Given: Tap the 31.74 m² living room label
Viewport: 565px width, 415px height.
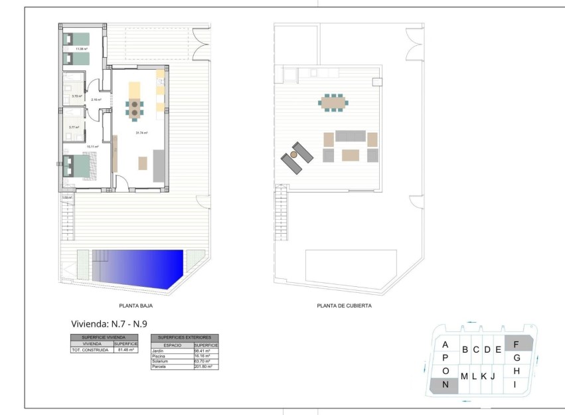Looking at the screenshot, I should [x=141, y=133].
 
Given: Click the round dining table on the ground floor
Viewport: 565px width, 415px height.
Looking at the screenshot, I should [x=135, y=108].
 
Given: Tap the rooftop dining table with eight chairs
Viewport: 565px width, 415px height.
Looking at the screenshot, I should [x=333, y=102].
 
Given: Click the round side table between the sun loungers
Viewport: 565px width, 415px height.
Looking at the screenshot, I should [x=293, y=154].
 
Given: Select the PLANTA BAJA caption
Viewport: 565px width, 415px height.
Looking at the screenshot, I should [x=136, y=306].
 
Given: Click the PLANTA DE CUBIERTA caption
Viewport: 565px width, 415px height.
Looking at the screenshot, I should [x=344, y=306].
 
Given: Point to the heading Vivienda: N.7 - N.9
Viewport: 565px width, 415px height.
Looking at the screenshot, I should [x=109, y=324].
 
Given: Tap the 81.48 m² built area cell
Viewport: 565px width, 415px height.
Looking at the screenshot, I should [x=125, y=350].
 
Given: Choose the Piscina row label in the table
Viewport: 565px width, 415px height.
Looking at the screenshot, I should [x=158, y=356].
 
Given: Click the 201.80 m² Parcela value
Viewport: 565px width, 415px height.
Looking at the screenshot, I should [x=205, y=367].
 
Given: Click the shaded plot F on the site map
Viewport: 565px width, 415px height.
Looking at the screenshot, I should [x=517, y=344].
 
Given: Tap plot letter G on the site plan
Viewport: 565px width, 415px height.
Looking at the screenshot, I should [x=516, y=357].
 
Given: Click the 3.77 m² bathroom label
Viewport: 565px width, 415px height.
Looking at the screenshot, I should [x=74, y=127].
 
